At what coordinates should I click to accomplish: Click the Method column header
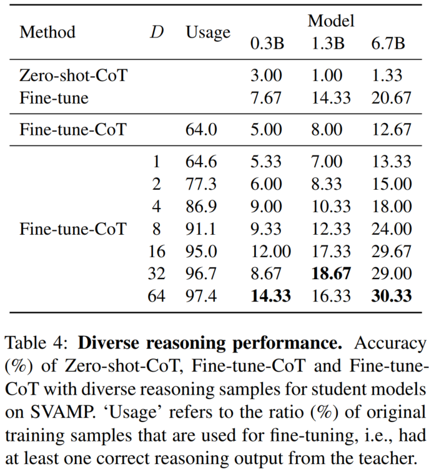(47, 32)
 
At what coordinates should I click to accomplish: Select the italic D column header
(156, 32)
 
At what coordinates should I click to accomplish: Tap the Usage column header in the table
(208, 32)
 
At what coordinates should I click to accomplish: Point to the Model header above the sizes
(330, 21)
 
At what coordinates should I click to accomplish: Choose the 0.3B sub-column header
(267, 44)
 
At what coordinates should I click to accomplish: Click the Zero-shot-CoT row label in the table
(74, 76)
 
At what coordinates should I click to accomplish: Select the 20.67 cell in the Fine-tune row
(390, 98)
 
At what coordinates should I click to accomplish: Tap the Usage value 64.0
(201, 130)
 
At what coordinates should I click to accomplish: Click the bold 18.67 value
(330, 273)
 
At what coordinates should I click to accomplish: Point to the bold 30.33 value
(390, 296)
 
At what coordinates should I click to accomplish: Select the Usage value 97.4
(201, 296)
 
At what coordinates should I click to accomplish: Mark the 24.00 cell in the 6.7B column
(390, 229)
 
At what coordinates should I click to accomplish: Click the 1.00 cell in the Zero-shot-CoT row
(327, 76)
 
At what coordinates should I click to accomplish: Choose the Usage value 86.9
(201, 206)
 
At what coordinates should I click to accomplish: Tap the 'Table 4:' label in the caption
(38, 343)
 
